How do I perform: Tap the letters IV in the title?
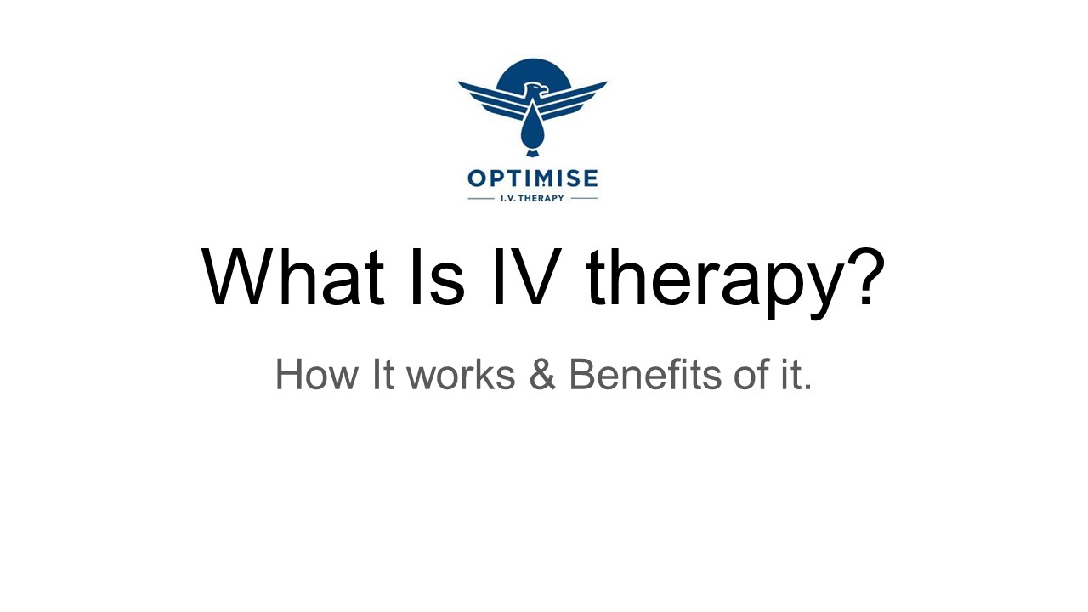pos(531,278)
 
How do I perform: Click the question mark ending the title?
pos(860,276)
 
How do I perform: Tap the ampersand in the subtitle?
pos(541,375)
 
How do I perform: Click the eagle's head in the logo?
pos(534,89)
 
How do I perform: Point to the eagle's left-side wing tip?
pos(464,85)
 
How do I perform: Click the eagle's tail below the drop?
pos(532,153)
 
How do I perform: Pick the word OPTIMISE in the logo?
pos(532,178)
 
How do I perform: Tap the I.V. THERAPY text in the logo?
pos(532,199)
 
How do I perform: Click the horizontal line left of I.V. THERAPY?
pos(481,199)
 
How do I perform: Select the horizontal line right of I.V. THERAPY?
pos(584,199)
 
